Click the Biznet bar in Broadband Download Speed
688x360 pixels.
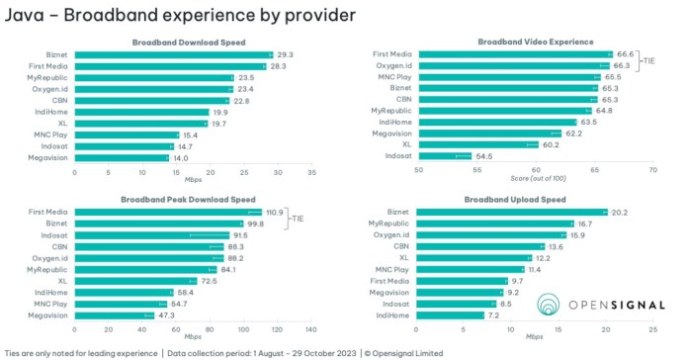click(174, 54)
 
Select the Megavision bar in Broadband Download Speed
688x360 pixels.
click(122, 158)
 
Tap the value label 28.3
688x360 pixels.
click(278, 66)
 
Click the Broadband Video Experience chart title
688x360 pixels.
click(536, 42)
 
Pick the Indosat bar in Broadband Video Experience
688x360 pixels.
click(445, 156)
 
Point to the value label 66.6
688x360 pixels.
click(626, 54)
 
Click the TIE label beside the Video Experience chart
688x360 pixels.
click(648, 61)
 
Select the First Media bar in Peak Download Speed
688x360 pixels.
click(168, 213)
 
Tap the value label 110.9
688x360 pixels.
click(275, 213)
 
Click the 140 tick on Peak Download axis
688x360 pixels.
click(310, 329)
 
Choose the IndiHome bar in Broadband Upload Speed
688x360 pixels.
click(450, 315)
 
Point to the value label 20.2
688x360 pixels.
click(619, 213)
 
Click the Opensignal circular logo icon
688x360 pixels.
click(548, 304)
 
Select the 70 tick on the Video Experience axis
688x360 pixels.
click(652, 170)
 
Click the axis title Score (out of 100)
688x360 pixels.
click(538, 178)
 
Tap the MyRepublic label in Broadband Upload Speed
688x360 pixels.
click(388, 224)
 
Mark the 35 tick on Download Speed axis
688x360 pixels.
click(311, 172)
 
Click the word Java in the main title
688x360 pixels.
click(25, 16)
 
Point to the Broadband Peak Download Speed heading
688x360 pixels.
click(188, 200)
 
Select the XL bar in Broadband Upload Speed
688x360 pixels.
click(473, 258)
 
